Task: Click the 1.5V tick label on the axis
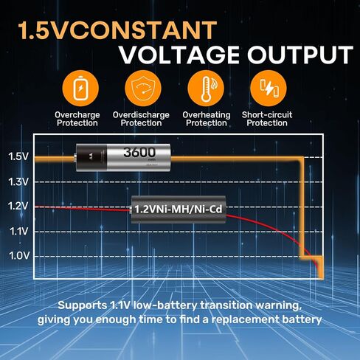(18, 156)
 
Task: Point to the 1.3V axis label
(18, 182)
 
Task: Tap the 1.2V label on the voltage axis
(18, 206)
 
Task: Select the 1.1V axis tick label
(18, 232)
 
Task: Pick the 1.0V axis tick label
(19, 256)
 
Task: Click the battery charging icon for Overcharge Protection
(80, 89)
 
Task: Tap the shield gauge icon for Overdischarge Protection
(143, 89)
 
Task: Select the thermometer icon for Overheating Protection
(206, 89)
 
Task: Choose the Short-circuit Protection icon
(269, 89)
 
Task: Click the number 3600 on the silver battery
(139, 152)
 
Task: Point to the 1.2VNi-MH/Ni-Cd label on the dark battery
(179, 210)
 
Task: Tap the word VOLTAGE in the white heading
(180, 55)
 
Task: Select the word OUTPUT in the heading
(300, 55)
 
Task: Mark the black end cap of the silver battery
(91, 157)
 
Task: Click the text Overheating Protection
(207, 119)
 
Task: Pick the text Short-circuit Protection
(267, 119)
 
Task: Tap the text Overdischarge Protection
(141, 119)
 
